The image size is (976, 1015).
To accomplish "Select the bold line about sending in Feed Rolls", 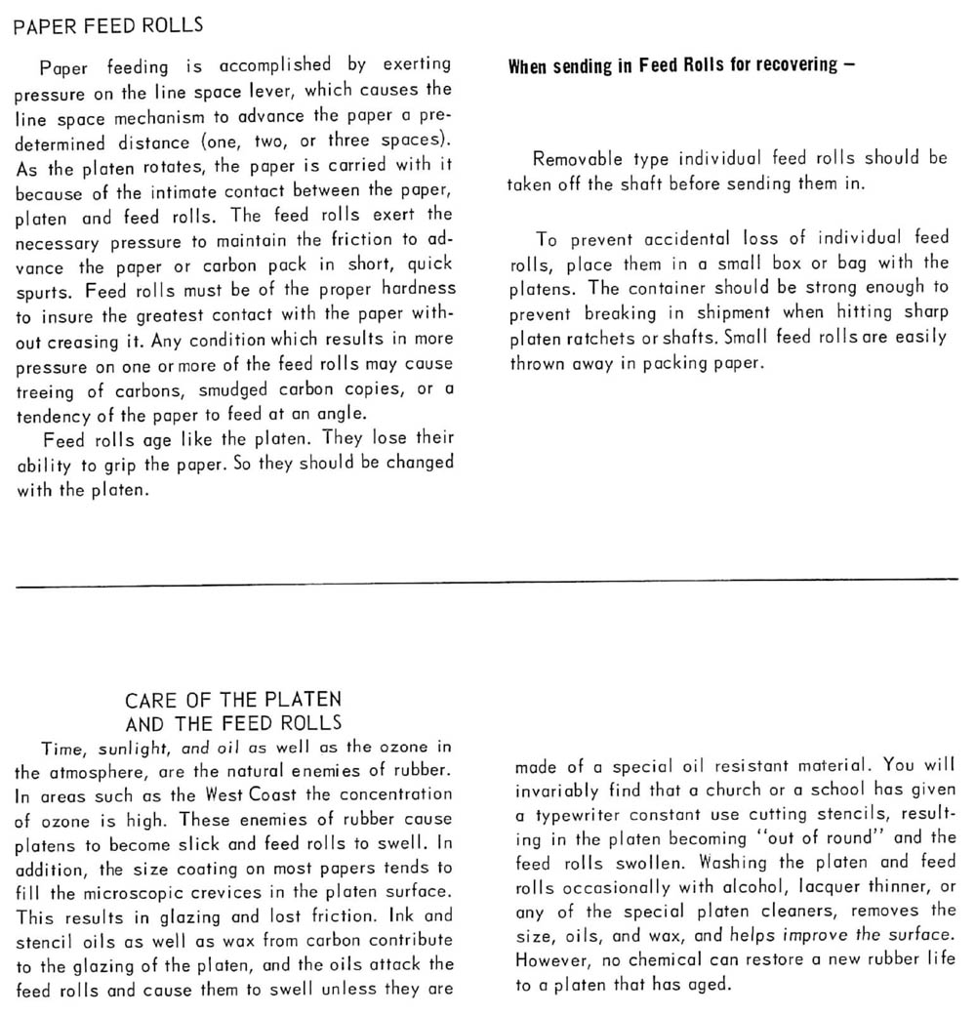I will coord(682,66).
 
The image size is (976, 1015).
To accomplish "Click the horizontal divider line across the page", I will coord(488,583).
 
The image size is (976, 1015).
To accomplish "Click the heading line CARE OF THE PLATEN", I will coord(233,700).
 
